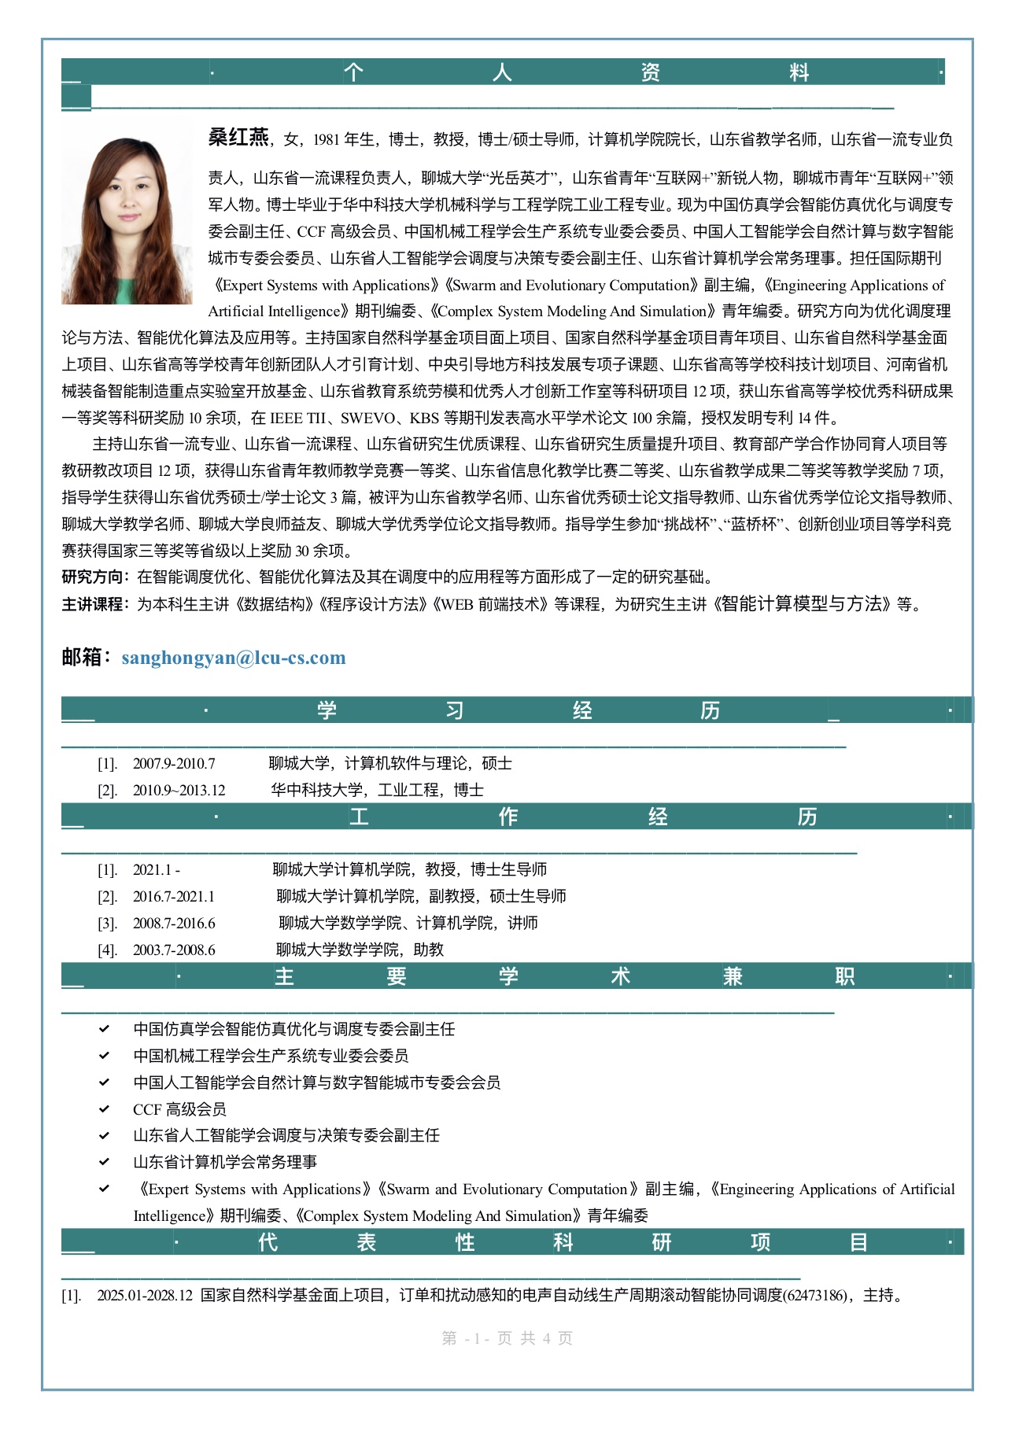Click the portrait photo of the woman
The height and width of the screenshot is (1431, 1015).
[x=127, y=221]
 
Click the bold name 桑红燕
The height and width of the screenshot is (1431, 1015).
[x=238, y=138]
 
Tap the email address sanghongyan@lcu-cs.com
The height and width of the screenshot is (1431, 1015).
[x=234, y=658]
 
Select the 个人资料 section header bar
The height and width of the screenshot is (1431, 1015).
[x=503, y=72]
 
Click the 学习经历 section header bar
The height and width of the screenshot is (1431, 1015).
[x=517, y=710]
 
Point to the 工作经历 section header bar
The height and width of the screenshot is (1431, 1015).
[x=517, y=817]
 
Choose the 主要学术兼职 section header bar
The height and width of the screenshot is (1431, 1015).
[x=517, y=976]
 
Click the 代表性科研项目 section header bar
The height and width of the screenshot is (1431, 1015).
[x=512, y=1242]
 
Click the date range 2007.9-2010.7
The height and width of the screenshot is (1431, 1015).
[x=173, y=763]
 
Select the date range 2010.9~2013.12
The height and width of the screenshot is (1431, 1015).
[x=179, y=790]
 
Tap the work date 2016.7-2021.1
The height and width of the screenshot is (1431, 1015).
[x=173, y=896]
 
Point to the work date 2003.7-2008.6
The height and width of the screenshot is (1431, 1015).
[x=174, y=950]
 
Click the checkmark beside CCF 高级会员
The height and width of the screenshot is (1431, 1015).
[x=104, y=1108]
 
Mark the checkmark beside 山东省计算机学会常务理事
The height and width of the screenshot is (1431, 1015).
[x=104, y=1161]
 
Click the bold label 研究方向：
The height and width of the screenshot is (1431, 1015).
[x=98, y=577]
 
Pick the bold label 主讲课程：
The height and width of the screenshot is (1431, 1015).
[x=98, y=604]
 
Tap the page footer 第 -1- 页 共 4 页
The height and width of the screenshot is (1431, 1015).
[x=507, y=1338]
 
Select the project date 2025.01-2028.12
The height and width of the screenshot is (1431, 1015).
[x=145, y=1295]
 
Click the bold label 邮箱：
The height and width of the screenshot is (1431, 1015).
[x=88, y=657]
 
